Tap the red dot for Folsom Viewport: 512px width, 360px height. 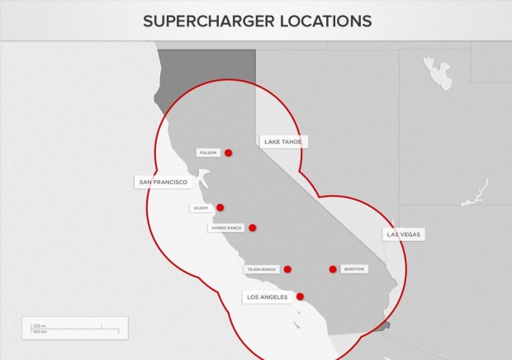[229, 153]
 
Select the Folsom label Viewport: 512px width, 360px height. [208, 153]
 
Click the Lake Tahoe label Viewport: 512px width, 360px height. [283, 142]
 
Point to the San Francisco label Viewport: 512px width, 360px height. [162, 182]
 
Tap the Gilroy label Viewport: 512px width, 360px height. [201, 208]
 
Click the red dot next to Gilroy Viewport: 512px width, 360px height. [220, 208]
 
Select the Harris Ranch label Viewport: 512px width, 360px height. [226, 228]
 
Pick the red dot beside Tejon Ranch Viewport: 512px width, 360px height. [287, 269]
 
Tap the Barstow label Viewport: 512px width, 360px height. [353, 269]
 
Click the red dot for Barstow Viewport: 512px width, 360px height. [333, 269]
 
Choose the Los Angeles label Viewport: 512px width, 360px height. [268, 296]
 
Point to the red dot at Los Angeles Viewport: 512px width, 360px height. [300, 296]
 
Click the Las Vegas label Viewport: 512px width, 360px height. [404, 234]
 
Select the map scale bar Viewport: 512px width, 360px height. [74, 328]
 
